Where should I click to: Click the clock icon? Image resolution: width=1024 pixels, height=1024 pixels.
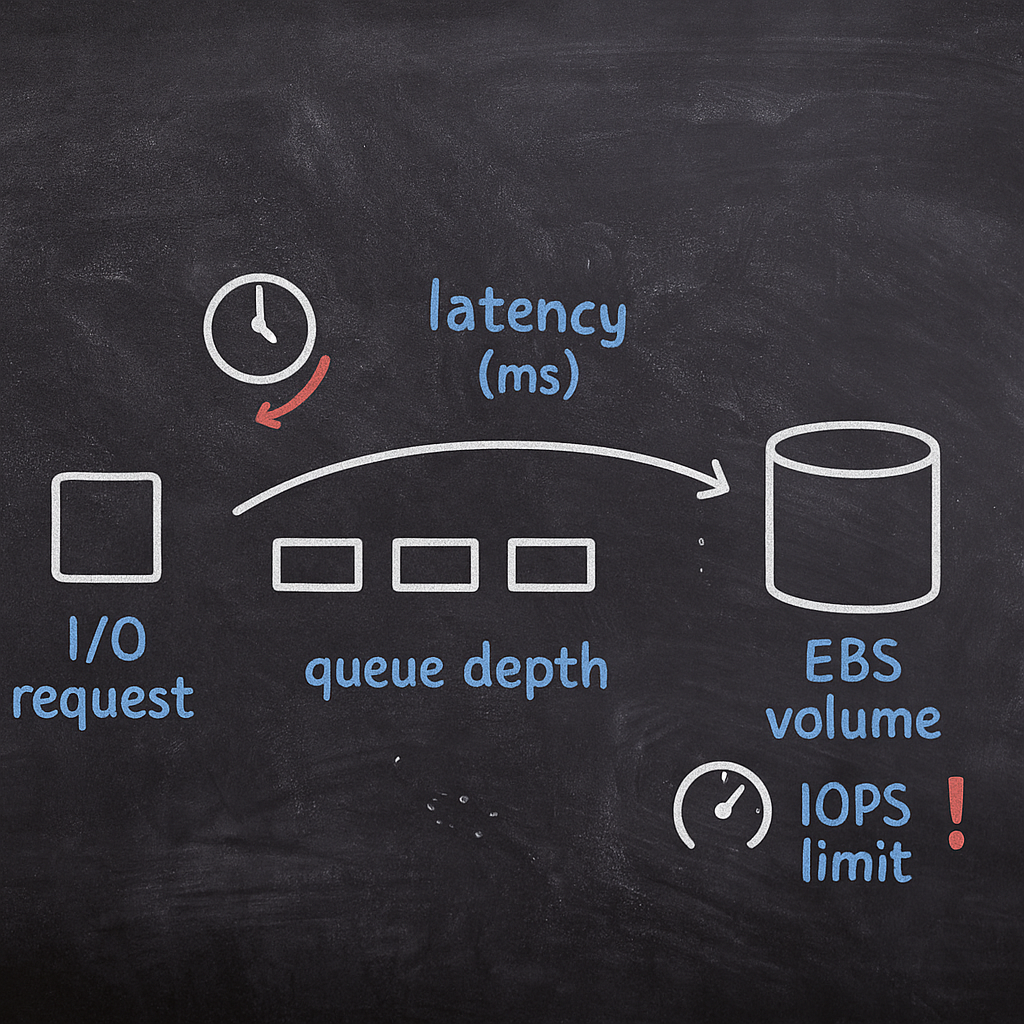[260, 329]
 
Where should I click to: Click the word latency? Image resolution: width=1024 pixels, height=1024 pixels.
[528, 313]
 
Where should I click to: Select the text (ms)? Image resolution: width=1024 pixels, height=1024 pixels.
[528, 377]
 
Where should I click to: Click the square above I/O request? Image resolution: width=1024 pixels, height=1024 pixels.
[106, 527]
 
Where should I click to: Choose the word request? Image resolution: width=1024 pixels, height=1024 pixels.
[103, 698]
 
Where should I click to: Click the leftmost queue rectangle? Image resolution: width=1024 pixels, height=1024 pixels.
[318, 564]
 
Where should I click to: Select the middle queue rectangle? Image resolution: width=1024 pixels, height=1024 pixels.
[435, 564]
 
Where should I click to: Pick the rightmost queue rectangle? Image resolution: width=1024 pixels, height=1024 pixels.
[551, 564]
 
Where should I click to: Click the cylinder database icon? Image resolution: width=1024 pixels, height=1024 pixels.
[852, 516]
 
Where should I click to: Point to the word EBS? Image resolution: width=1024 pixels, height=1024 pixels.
[853, 663]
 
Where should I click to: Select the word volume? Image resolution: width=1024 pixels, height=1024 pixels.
[853, 720]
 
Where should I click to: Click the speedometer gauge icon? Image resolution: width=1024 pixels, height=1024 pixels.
[722, 806]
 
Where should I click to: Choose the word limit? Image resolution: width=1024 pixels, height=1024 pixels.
[857, 860]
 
